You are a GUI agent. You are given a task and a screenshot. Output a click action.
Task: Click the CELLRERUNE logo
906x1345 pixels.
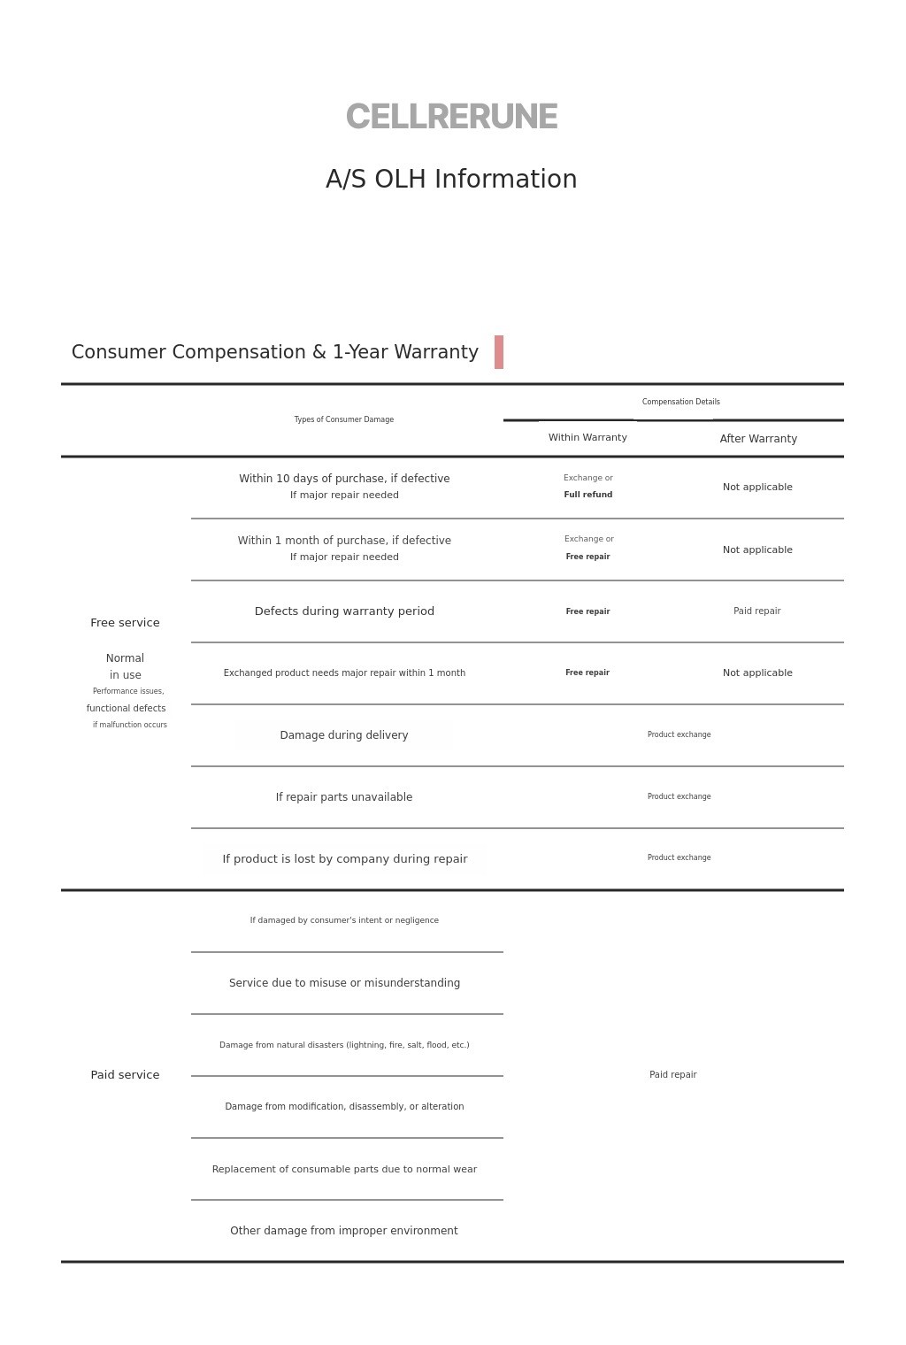(451, 117)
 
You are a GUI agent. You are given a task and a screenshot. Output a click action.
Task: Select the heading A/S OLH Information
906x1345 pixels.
(451, 179)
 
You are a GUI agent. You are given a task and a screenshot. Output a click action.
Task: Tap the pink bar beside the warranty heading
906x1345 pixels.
(499, 352)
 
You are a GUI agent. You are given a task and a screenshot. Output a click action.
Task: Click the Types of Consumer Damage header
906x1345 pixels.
(344, 419)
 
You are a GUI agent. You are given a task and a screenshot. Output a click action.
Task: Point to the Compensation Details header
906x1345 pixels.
(680, 402)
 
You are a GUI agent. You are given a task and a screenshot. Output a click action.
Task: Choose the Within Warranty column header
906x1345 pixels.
(587, 438)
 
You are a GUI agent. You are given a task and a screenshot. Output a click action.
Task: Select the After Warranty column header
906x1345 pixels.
(758, 439)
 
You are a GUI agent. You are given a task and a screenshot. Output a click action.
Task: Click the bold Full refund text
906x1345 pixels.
(588, 495)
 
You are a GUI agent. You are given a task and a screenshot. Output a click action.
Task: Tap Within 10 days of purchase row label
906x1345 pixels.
(344, 479)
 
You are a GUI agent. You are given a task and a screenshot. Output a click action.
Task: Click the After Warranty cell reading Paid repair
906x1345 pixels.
(757, 611)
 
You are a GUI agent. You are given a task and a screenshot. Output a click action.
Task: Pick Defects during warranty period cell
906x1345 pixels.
(344, 611)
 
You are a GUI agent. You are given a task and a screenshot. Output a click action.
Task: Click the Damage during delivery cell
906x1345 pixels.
(344, 735)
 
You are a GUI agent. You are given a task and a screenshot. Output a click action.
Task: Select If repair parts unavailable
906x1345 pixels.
(344, 797)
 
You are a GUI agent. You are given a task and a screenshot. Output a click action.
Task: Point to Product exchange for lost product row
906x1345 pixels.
(679, 857)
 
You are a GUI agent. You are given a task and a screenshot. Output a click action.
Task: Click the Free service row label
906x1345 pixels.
(125, 623)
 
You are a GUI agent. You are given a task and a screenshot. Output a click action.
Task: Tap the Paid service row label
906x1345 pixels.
(125, 1075)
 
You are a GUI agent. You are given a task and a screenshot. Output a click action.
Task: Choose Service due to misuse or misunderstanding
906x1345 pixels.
(344, 983)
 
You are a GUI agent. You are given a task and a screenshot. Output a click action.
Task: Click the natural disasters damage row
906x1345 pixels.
(344, 1045)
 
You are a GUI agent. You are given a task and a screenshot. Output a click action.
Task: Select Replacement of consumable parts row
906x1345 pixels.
(344, 1169)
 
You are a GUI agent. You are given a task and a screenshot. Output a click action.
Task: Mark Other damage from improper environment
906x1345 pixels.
(344, 1231)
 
